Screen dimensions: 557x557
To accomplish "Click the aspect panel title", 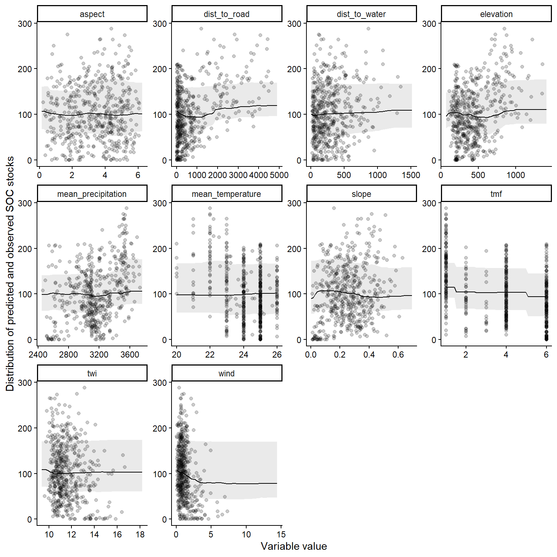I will pyautogui.click(x=92, y=14).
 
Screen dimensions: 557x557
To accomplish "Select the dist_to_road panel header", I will pyautogui.click(x=227, y=14).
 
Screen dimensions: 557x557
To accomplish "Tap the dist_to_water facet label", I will pyautogui.click(x=361, y=14).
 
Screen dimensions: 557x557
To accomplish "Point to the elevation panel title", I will pyautogui.click(x=496, y=14).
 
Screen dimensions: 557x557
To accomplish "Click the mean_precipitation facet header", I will pyautogui.click(x=92, y=194).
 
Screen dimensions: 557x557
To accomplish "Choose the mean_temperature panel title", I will pyautogui.click(x=227, y=194).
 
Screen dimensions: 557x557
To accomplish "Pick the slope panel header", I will pyautogui.click(x=361, y=194).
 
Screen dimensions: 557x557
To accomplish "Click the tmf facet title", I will pyautogui.click(x=496, y=194).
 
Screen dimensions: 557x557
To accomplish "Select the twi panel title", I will pyautogui.click(x=92, y=374).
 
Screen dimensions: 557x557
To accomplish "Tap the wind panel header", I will pyautogui.click(x=227, y=374).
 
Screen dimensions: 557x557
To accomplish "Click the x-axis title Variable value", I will pyautogui.click(x=294, y=546).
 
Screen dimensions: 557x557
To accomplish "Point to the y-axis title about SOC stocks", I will pyautogui.click(x=10, y=274).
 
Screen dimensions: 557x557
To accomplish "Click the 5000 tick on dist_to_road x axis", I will pyautogui.click(x=279, y=175).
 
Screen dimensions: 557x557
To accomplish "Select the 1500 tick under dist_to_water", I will pyautogui.click(x=411, y=175).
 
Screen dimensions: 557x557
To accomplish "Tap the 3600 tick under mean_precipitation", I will pyautogui.click(x=129, y=355).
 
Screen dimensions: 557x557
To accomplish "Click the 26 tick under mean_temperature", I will pyautogui.click(x=277, y=355).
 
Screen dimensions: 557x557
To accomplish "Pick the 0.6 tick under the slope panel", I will pyautogui.click(x=398, y=355).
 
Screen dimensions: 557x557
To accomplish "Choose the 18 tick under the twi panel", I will pyautogui.click(x=140, y=535).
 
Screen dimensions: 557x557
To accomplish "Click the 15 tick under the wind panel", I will pyautogui.click(x=281, y=535).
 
